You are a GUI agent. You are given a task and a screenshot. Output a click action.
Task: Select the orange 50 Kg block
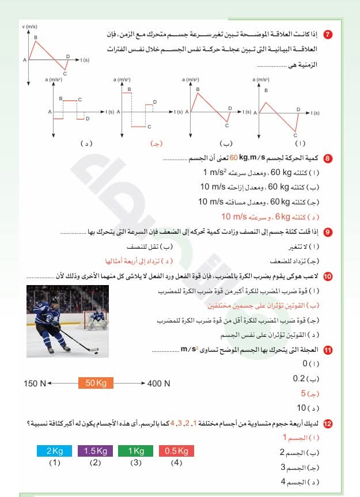pyautogui.click(x=96, y=383)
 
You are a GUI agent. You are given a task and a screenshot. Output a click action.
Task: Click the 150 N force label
pyautogui.click(x=35, y=384)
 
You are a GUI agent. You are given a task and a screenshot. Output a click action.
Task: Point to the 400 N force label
pyautogui.click(x=159, y=384)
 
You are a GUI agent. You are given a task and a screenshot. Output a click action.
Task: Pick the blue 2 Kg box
pyautogui.click(x=54, y=451)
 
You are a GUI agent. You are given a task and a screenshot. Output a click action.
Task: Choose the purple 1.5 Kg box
pyautogui.click(x=95, y=451)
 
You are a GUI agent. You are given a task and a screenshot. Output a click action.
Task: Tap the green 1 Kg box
pyautogui.click(x=136, y=451)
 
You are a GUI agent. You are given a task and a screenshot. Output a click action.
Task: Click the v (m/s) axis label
pyautogui.click(x=29, y=26)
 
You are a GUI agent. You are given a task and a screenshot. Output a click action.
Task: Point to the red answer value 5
pyautogui.click(x=304, y=394)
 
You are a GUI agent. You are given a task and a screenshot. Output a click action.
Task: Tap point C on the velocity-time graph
pyautogui.click(x=65, y=73)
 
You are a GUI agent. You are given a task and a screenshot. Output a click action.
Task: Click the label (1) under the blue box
pyautogui.click(x=54, y=462)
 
